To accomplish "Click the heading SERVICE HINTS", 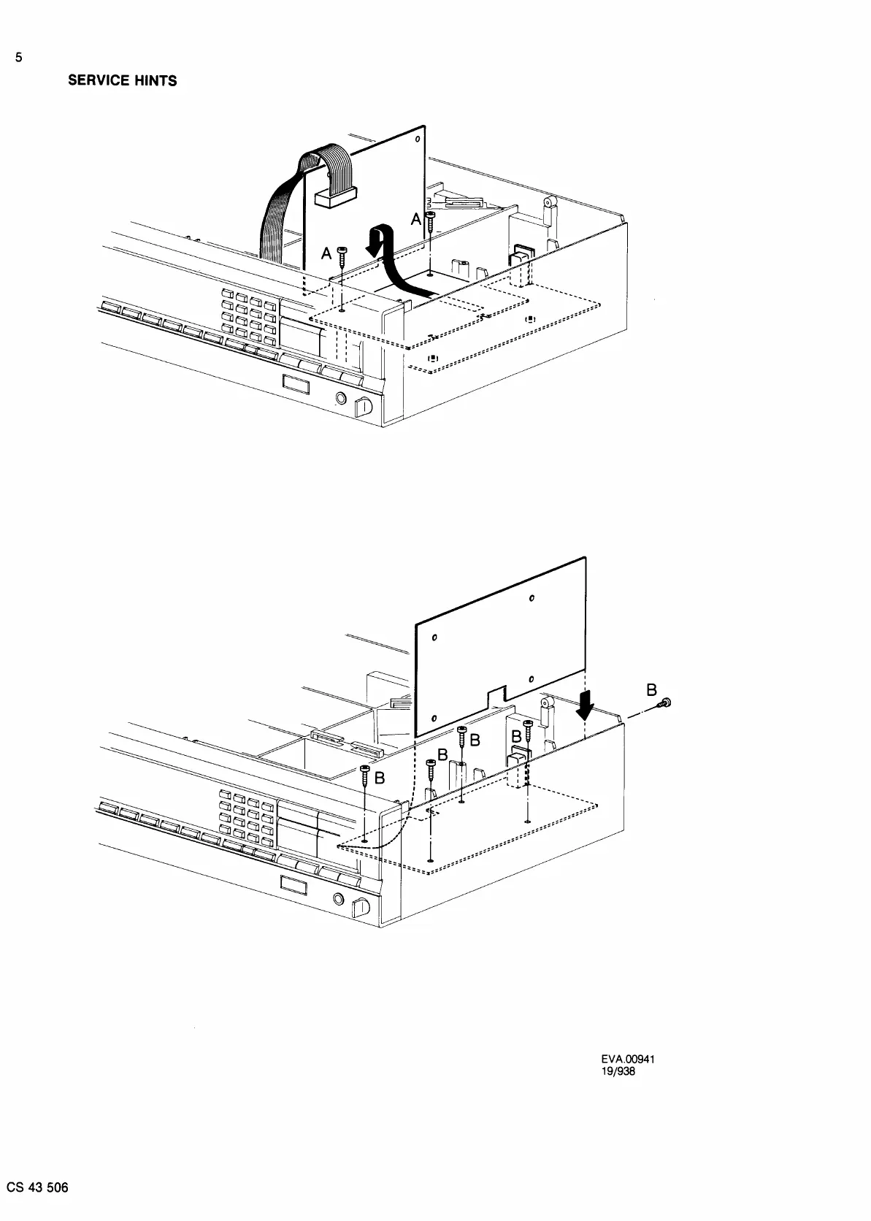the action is point(122,81).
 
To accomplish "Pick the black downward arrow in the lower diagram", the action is point(585,704).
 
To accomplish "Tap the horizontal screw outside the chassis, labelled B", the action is point(664,704).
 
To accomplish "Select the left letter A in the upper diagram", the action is point(327,253).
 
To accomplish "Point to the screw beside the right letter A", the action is point(431,219).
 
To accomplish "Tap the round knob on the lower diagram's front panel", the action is point(338,898).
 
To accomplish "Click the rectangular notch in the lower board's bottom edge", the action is point(496,694).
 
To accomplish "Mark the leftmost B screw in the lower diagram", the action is point(365,776).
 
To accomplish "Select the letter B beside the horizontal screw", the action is point(652,689).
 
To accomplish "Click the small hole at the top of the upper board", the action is point(417,139).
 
